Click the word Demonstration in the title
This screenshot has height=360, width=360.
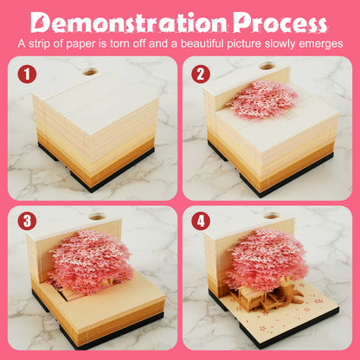tap(128, 22)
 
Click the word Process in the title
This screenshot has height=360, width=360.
tap(280, 22)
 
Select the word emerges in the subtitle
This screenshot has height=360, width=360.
tap(321, 45)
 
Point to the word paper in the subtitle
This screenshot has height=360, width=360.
tap(80, 45)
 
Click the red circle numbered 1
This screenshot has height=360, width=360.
tap(27, 74)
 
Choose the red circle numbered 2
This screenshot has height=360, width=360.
tap(201, 74)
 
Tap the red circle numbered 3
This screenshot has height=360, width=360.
tap(27, 222)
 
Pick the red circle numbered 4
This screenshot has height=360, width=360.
tap(201, 222)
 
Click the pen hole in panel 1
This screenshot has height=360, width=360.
tap(90, 71)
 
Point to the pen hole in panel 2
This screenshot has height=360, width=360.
tap(267, 66)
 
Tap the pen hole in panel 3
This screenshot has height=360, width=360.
tap(98, 216)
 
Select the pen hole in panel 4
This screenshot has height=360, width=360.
tap(272, 215)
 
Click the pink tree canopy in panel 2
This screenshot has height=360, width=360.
tap(261, 100)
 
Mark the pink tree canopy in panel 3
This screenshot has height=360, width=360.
tap(90, 261)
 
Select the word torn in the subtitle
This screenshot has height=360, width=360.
tap(136, 44)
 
